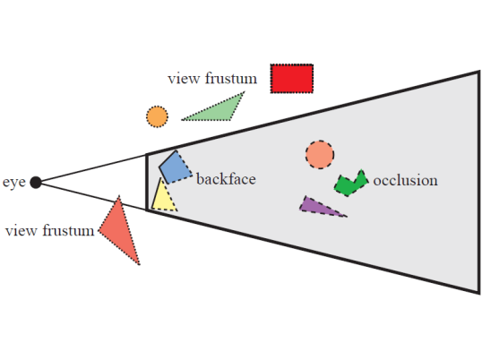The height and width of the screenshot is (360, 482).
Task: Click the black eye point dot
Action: [36, 182]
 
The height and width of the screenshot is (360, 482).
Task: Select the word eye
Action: [13, 182]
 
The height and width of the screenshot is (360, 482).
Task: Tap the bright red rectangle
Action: [292, 78]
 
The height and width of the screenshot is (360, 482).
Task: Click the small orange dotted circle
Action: [157, 116]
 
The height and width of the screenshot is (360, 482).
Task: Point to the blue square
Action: [176, 167]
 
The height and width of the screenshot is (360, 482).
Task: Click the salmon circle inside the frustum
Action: [320, 155]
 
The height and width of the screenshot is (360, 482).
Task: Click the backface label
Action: [226, 179]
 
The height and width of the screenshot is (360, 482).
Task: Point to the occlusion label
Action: [405, 180]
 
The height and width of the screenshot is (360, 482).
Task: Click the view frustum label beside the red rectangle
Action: [212, 78]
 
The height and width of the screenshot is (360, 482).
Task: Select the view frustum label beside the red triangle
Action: [49, 230]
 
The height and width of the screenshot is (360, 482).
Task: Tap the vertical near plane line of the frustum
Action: [147, 182]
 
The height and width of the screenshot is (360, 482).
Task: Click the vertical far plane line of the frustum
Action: [479, 182]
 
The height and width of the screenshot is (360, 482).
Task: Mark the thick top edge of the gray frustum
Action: [313, 113]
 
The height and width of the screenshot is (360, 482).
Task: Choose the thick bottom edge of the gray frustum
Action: [313, 252]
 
